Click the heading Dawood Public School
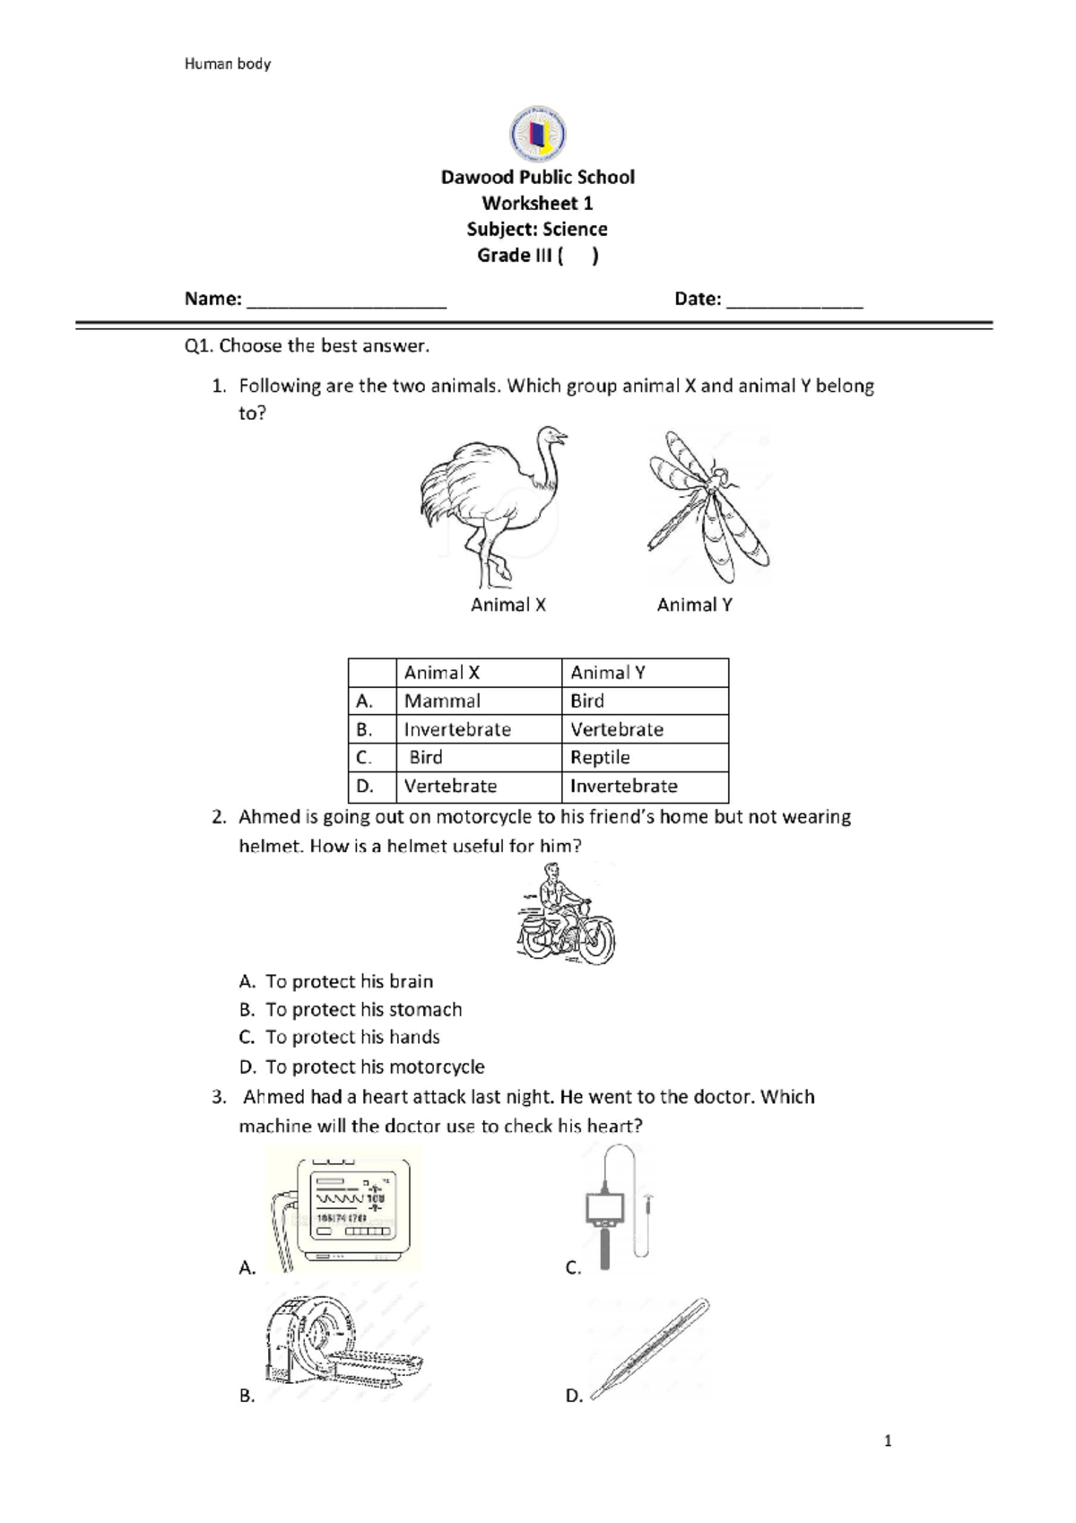(x=537, y=177)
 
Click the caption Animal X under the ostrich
(x=508, y=605)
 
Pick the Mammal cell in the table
(x=442, y=701)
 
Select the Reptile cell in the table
(x=600, y=757)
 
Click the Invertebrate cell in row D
(x=624, y=786)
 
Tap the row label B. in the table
(x=364, y=729)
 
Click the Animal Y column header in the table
(x=608, y=673)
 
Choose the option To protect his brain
(x=349, y=981)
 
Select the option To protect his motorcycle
(x=375, y=1066)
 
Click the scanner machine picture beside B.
(x=343, y=1344)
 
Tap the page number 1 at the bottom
(x=888, y=1441)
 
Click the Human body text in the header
(x=228, y=64)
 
